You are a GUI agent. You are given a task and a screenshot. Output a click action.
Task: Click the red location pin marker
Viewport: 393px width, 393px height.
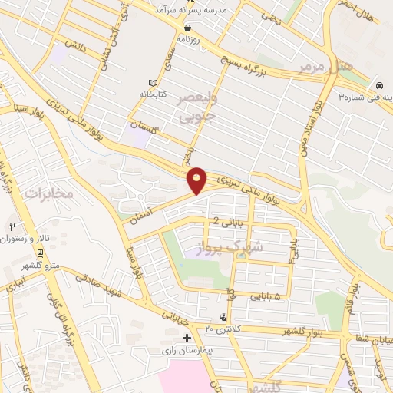tap(197, 180)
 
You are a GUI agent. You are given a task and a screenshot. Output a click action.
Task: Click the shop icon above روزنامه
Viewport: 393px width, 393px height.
tap(188, 27)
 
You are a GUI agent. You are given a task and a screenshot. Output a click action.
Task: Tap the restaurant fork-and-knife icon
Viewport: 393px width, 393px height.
tap(12, 226)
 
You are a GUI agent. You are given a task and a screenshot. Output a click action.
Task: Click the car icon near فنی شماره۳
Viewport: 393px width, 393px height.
tap(380, 84)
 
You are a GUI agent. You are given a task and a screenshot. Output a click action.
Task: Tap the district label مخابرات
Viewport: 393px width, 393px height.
tap(48, 193)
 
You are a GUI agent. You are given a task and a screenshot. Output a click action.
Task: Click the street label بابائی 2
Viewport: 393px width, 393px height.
tap(227, 222)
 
